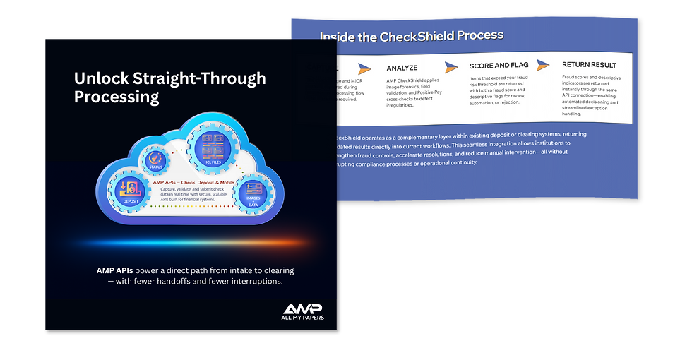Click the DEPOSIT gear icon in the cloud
(130, 190)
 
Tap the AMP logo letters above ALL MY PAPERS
(302, 309)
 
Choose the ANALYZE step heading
(402, 68)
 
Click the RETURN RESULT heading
(589, 65)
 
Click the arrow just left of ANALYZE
(364, 68)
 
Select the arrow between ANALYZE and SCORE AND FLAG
(450, 66)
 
